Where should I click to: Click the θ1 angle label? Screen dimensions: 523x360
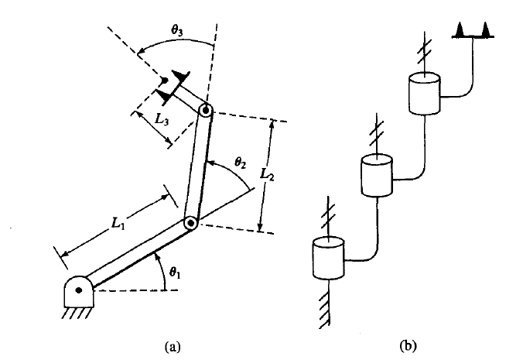click(x=175, y=273)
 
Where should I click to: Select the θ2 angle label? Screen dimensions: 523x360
click(x=240, y=163)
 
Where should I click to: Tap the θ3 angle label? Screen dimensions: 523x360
click(x=177, y=30)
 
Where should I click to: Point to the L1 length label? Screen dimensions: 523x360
click(x=118, y=223)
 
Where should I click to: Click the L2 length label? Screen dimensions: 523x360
click(x=267, y=174)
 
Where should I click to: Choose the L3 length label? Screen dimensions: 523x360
click(x=162, y=119)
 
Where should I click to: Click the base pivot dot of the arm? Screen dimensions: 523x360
click(x=79, y=290)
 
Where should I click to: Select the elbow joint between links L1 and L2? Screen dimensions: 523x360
click(x=191, y=222)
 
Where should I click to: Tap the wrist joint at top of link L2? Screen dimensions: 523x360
click(x=206, y=110)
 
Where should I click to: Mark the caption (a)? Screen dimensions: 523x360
click(x=173, y=347)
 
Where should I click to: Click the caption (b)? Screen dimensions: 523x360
click(x=408, y=345)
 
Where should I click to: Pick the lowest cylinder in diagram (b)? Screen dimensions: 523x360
click(x=329, y=258)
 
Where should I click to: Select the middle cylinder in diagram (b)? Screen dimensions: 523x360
click(x=377, y=175)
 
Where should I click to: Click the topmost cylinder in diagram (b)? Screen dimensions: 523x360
click(x=425, y=93)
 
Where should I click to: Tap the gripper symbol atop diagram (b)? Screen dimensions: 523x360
click(x=473, y=31)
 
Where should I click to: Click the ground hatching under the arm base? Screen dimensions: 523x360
click(x=77, y=314)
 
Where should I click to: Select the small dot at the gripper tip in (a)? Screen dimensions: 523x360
click(x=164, y=81)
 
